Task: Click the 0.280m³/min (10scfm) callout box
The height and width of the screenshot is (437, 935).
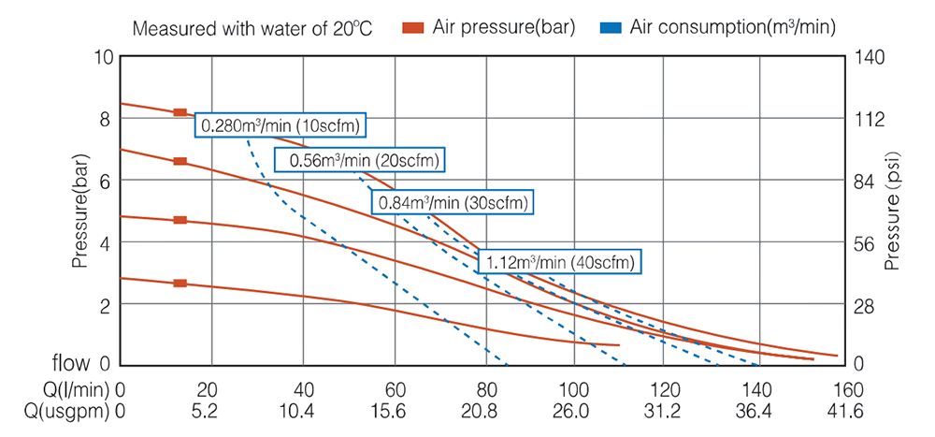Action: click(280, 125)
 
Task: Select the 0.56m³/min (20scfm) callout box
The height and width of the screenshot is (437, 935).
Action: click(360, 160)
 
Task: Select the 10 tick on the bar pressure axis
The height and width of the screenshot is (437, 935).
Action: click(103, 56)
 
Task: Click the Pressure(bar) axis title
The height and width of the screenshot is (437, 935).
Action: click(82, 211)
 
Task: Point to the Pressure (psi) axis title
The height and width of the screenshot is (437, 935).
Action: click(893, 211)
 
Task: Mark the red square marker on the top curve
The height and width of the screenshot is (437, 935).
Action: click(180, 112)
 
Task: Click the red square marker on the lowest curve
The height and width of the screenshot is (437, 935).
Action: click(180, 283)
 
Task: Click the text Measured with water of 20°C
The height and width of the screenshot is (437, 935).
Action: click(252, 27)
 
